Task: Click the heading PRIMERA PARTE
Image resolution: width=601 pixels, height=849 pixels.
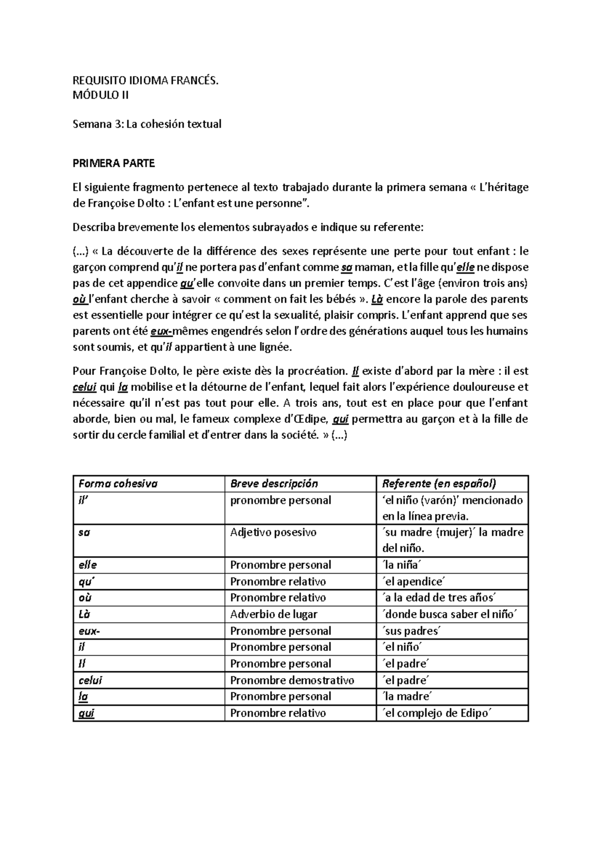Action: click(114, 163)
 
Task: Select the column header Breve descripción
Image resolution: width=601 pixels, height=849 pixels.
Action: click(274, 484)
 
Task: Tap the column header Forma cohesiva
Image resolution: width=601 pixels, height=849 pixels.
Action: click(118, 484)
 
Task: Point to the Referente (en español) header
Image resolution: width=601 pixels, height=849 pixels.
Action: click(439, 484)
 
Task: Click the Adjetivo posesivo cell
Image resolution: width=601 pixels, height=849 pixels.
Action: click(273, 532)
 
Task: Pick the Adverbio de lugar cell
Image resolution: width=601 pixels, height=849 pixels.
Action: click(274, 614)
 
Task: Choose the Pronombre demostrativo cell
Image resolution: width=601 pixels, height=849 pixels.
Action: click(292, 680)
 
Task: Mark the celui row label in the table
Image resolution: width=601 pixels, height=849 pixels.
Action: click(91, 680)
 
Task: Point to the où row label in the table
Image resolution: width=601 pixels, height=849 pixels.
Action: click(85, 598)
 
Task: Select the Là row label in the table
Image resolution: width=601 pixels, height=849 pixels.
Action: click(85, 614)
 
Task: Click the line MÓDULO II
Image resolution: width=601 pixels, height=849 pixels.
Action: click(101, 94)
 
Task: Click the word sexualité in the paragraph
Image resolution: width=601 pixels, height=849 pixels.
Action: click(296, 315)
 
